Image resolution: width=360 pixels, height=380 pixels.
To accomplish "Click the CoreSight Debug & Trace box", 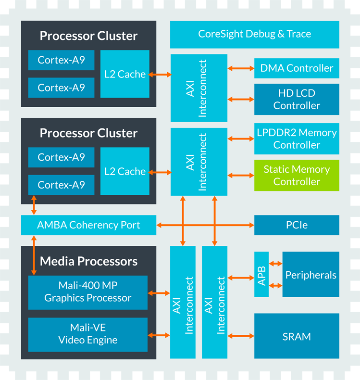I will (254, 34).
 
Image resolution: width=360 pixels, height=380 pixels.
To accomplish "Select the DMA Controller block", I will (297, 68).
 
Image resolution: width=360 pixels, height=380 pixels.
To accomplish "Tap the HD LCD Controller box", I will (297, 100).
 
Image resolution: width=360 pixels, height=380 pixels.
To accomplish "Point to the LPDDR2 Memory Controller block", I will (297, 139).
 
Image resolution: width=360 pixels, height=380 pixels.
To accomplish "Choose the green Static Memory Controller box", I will (297, 176).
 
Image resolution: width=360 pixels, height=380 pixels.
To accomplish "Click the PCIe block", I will (297, 225).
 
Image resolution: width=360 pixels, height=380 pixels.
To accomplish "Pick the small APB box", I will (261, 274).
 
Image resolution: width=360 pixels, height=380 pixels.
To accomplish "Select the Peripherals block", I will (310, 275).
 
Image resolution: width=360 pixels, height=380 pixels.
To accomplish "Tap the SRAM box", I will (297, 337).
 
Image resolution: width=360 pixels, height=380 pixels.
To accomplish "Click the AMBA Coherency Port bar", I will (88, 225).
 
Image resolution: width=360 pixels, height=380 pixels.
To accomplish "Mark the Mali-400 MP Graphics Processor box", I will (87, 292).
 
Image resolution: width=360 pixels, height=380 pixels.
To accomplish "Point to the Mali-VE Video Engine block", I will (87, 334).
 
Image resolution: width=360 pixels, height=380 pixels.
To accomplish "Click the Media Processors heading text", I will (88, 261).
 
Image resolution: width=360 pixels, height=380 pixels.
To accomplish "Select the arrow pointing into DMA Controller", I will (241, 68).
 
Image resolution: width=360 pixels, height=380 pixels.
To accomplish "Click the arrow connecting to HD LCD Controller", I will (241, 100).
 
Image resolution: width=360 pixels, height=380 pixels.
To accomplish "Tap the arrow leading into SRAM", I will (241, 337).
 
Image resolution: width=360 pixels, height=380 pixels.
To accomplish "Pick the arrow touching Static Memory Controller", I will (241, 176).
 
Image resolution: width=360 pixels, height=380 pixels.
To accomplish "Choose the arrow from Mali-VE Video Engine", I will (159, 335).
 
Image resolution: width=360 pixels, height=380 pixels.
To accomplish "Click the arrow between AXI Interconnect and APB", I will (241, 278).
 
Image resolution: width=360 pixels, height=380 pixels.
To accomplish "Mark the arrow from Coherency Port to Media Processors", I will (34, 255).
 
